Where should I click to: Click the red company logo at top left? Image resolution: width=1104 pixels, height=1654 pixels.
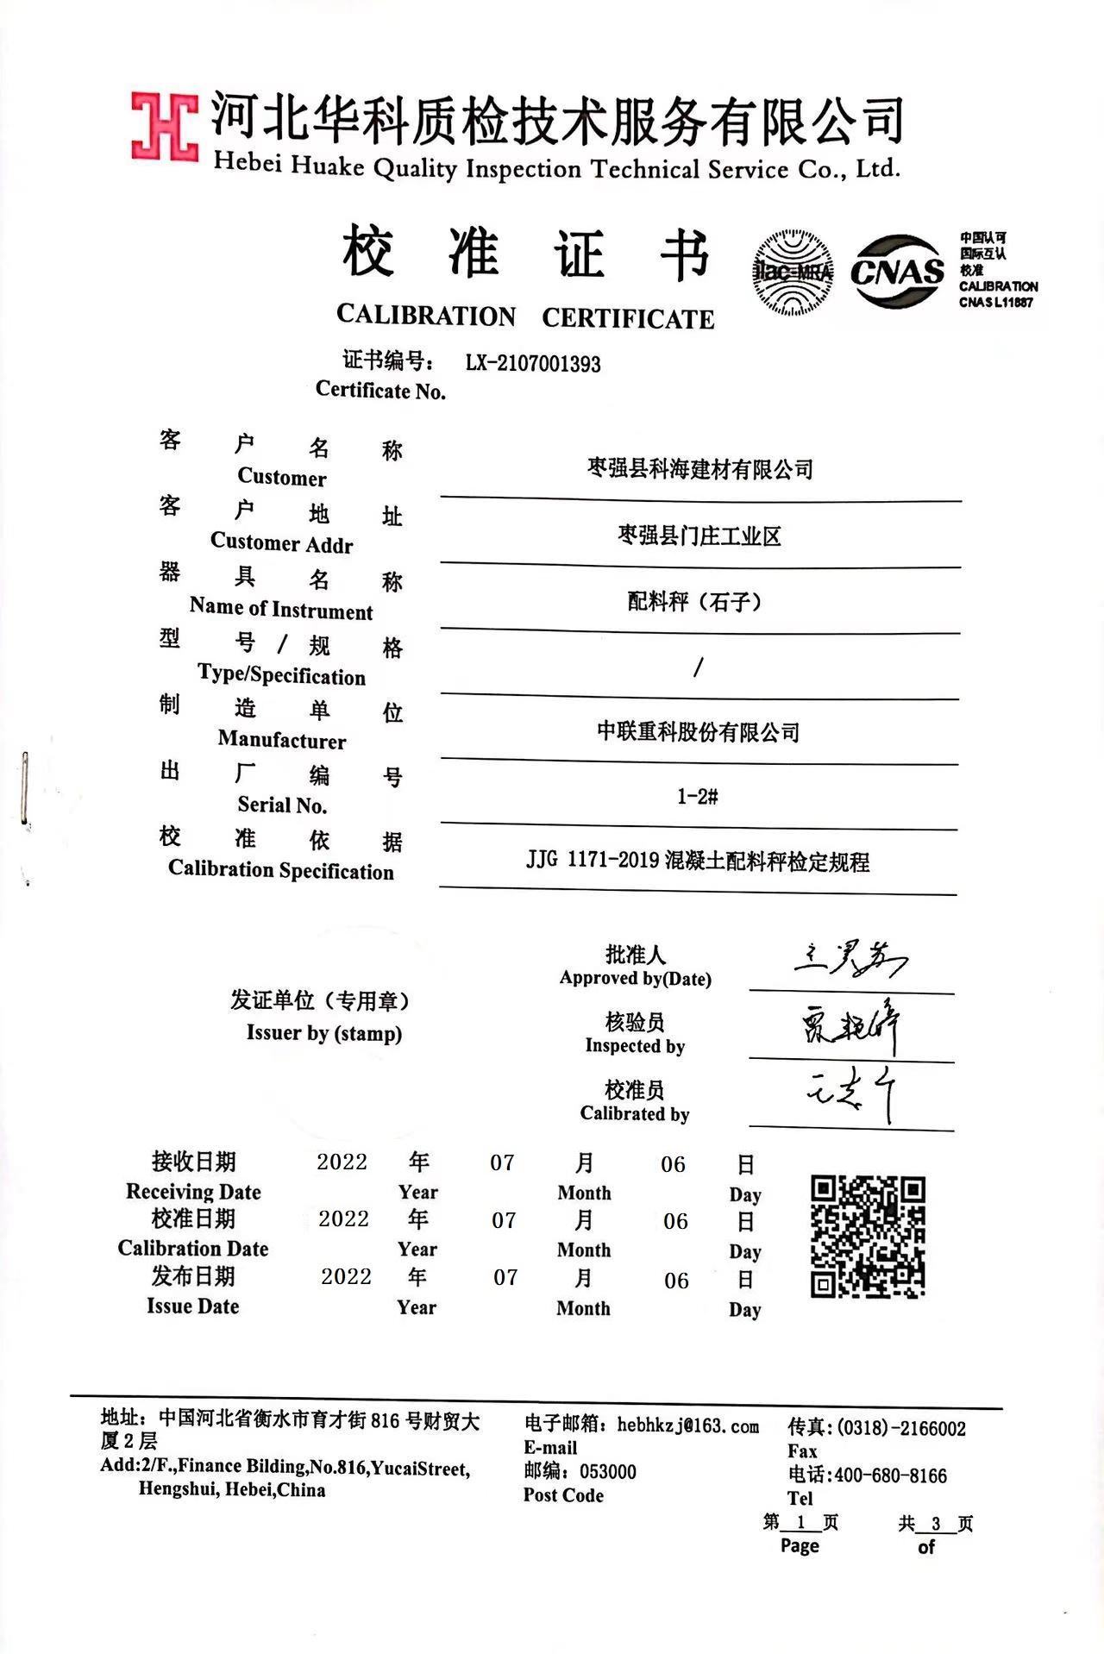pyautogui.click(x=164, y=127)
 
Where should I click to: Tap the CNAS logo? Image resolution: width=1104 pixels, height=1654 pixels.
pyautogui.click(x=897, y=272)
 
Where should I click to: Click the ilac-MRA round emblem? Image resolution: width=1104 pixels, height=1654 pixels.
pyautogui.click(x=793, y=272)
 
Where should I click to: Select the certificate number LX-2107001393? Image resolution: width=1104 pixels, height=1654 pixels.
pyautogui.click(x=533, y=364)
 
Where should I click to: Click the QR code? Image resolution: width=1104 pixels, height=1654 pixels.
pyautogui.click(x=868, y=1236)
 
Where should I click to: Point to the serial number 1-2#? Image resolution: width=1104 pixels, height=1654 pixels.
pyautogui.click(x=697, y=797)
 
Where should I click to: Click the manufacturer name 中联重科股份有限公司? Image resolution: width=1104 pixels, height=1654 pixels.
pyautogui.click(x=698, y=732)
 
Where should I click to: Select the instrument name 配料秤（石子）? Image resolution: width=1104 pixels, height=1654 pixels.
pyautogui.click(x=695, y=601)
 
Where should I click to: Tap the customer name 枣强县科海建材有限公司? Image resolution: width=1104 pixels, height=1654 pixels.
pyautogui.click(x=699, y=469)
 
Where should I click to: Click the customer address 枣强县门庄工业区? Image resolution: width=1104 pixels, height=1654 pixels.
pyautogui.click(x=699, y=536)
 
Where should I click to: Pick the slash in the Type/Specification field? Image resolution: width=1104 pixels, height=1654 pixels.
pyautogui.click(x=698, y=667)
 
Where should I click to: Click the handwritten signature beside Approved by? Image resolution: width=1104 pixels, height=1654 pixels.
pyautogui.click(x=850, y=958)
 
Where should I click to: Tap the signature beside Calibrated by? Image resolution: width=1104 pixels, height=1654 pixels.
pyautogui.click(x=850, y=1093)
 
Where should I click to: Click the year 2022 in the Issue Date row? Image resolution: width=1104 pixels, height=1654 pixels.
pyautogui.click(x=346, y=1276)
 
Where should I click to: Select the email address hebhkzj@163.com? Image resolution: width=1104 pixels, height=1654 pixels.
pyautogui.click(x=687, y=1425)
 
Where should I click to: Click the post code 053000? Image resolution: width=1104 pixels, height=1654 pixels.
pyautogui.click(x=607, y=1471)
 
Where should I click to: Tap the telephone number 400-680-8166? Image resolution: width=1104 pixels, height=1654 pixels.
pyautogui.click(x=890, y=1475)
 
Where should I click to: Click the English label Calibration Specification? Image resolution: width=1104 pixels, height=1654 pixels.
pyautogui.click(x=281, y=869)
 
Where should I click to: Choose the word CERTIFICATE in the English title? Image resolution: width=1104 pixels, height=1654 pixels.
pyautogui.click(x=628, y=318)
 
